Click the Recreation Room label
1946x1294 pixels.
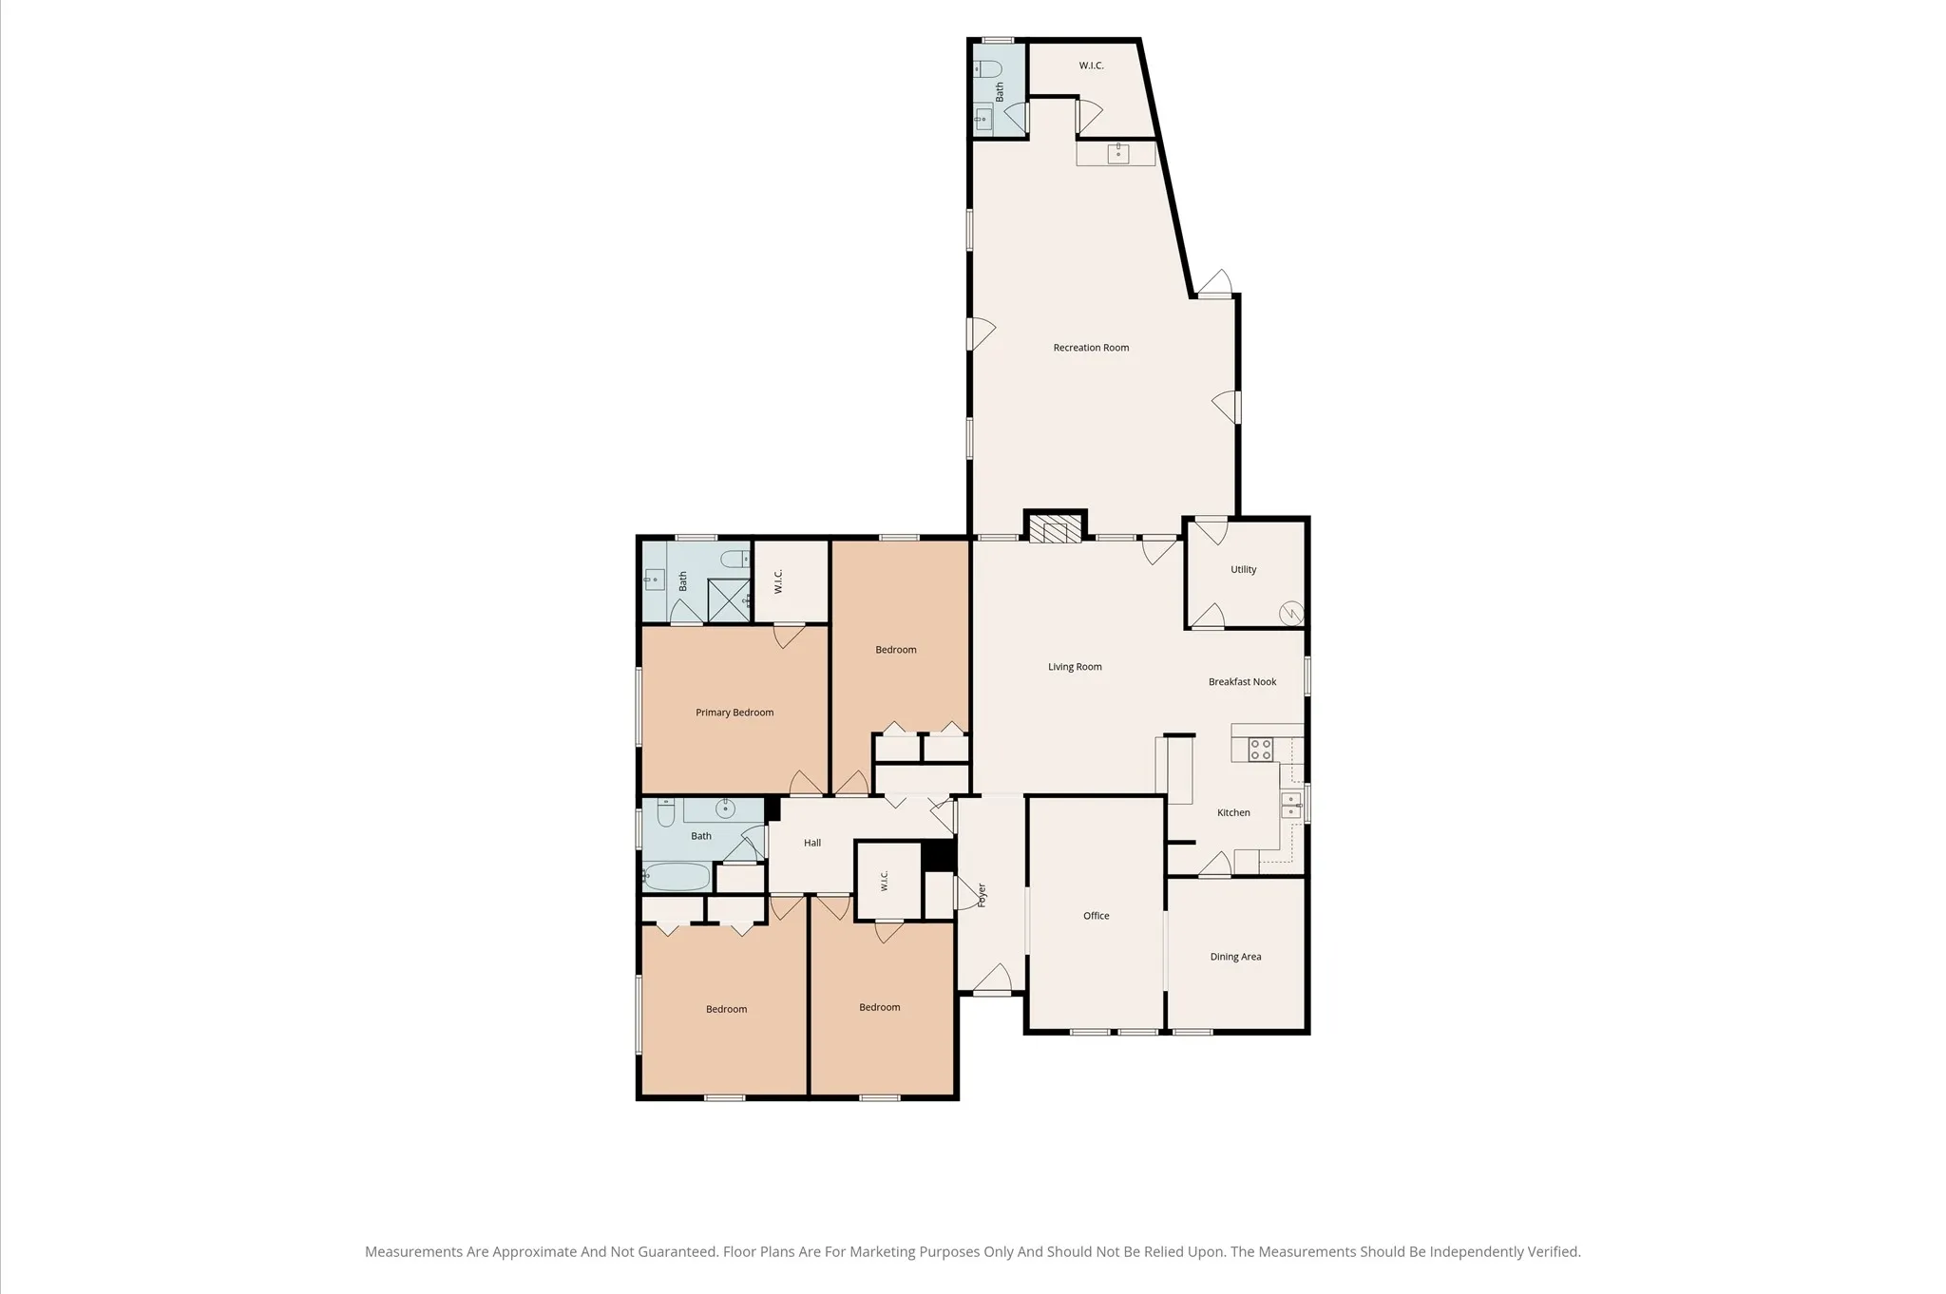tap(1091, 348)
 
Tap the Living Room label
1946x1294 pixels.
tap(1075, 667)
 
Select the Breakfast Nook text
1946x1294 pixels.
tap(1242, 682)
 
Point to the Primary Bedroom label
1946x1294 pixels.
tap(735, 713)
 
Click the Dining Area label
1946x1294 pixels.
tap(1235, 957)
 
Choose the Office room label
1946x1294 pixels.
tap(1096, 916)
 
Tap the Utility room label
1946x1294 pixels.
tap(1243, 570)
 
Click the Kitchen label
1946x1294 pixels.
tap(1233, 812)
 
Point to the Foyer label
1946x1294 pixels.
tap(982, 895)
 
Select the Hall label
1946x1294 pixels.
tap(812, 843)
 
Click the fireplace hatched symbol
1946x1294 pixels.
tap(1055, 530)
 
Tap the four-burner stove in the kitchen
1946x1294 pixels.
tap(1260, 750)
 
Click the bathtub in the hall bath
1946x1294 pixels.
tap(677, 876)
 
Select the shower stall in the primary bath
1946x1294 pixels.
tap(730, 600)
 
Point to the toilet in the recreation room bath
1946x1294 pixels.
tap(987, 69)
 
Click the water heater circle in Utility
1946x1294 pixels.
tap(1291, 613)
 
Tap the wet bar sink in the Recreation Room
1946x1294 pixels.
tap(1118, 153)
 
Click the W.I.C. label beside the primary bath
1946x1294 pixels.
tap(778, 581)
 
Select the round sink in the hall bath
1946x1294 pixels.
tap(725, 809)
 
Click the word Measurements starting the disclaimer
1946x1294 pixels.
tap(413, 1252)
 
